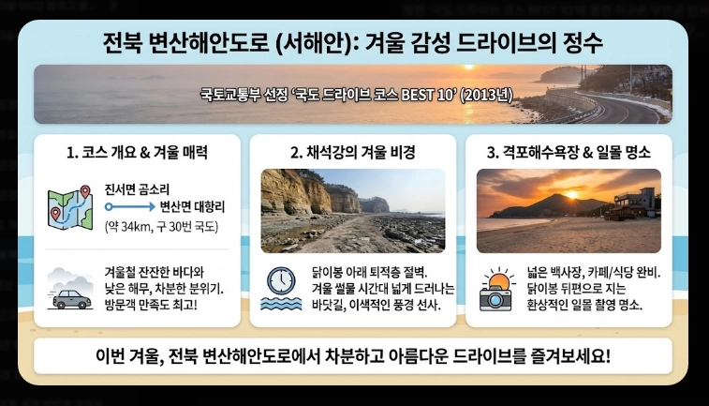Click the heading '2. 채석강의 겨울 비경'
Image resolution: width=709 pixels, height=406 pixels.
pos(353,152)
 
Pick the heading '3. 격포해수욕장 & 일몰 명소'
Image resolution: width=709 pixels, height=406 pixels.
pos(569,152)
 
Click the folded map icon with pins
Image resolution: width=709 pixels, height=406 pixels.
pos(69,207)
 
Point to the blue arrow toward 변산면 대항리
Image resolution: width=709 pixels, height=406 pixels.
pos(130,206)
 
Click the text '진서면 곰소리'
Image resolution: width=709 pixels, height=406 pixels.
pos(138,189)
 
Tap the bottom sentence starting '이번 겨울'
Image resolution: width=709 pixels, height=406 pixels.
pos(353,357)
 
